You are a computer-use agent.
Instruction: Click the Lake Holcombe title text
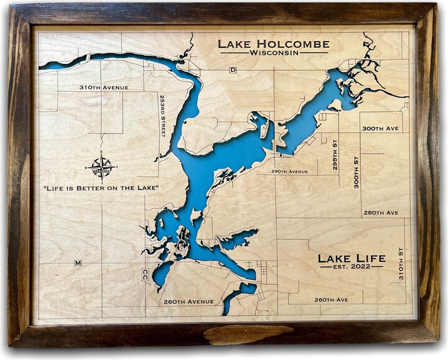pos(274,44)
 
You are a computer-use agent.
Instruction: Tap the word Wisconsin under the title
pos(274,53)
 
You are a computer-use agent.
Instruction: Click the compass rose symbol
pos(101,166)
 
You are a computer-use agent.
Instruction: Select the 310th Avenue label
pos(104,88)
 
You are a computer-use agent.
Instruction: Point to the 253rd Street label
pos(162,116)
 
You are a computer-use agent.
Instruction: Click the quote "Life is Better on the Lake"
pos(100,187)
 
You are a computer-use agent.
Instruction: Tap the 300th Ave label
pos(380,129)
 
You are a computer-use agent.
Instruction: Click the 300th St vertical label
pos(357,172)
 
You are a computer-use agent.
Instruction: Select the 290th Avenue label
pos(289,172)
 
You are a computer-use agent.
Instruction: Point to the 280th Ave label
pos(381,213)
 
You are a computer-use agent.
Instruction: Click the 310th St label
pos(401,264)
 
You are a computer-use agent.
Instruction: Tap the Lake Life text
pos(352,258)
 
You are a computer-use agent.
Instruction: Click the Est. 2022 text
pos(352,267)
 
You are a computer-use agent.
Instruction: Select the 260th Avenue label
pos(189,302)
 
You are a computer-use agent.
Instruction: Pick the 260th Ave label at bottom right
pos(330,299)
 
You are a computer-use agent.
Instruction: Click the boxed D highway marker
pos(233,70)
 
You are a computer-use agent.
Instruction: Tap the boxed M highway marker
pos(78,263)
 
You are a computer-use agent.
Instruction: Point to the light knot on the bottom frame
pos(248,334)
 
